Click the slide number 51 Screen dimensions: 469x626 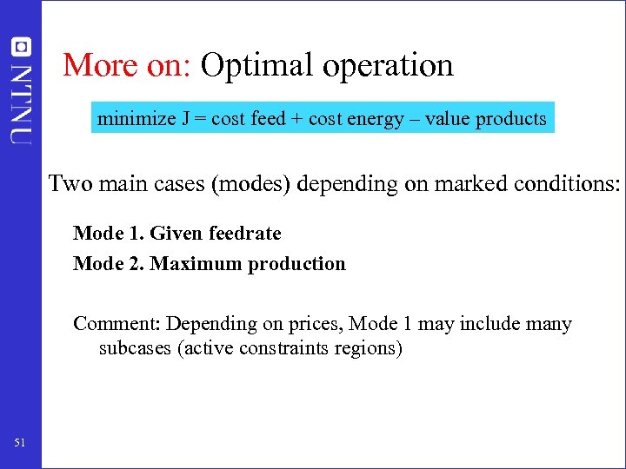[x=20, y=444]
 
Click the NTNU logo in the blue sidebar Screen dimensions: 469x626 [x=21, y=91]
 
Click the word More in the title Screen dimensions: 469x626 [x=90, y=65]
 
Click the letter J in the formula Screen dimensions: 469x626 [x=186, y=119]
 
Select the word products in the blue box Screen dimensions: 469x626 [x=511, y=119]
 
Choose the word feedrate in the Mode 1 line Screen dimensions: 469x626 [x=245, y=234]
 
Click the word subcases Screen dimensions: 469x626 [x=135, y=350]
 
